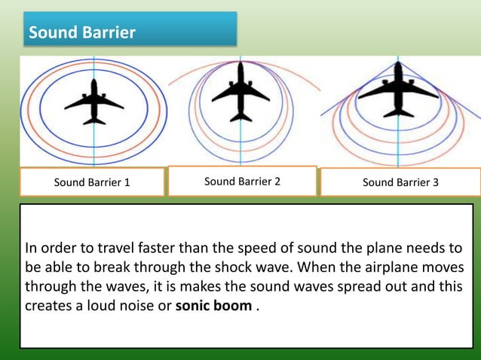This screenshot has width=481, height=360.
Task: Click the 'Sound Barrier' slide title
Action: [x=81, y=33]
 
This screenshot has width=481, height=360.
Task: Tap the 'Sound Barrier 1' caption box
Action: [x=92, y=182]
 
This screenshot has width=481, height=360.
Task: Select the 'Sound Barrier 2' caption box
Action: [x=242, y=181]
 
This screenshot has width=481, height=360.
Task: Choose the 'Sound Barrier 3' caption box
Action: [x=400, y=182]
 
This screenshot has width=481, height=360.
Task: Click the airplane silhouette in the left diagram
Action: [x=94, y=101]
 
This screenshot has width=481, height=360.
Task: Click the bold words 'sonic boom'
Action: [x=223, y=307]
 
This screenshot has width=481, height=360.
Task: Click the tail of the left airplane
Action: [x=94, y=120]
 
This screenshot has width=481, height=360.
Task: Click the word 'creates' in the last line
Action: [x=48, y=307]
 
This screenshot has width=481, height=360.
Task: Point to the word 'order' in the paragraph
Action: [x=60, y=248]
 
